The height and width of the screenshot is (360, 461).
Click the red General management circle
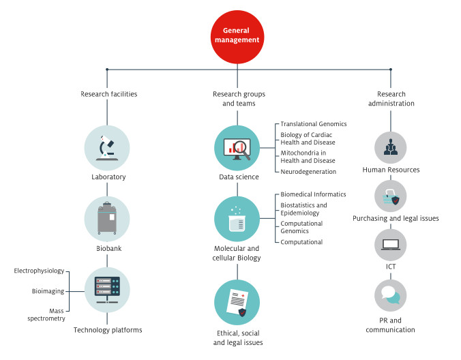click(x=237, y=37)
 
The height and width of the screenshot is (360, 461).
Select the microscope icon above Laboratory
click(x=107, y=148)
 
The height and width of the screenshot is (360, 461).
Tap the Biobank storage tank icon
click(x=107, y=219)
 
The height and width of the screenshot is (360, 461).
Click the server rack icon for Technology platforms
click(x=107, y=290)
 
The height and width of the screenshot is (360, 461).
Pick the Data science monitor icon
click(x=237, y=148)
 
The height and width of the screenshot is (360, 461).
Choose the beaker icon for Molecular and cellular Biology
click(x=237, y=219)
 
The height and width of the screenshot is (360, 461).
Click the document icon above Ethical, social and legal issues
click(x=237, y=303)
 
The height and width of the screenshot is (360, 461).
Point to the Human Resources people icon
click(x=391, y=147)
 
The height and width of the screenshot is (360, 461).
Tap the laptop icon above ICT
click(x=391, y=245)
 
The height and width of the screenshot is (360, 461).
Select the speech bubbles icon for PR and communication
click(x=391, y=295)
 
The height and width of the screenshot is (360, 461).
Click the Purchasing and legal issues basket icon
click(x=391, y=196)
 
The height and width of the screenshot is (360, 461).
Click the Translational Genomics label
click(x=314, y=124)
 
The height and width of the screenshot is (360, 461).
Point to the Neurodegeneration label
click(x=308, y=172)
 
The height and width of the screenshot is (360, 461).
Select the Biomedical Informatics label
click(x=313, y=194)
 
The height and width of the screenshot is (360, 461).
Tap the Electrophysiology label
click(x=39, y=271)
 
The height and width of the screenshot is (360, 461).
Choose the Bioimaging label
click(x=48, y=291)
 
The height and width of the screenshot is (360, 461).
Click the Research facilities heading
click(x=109, y=94)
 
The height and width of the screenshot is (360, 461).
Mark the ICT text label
click(x=391, y=267)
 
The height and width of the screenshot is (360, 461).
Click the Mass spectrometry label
click(x=46, y=314)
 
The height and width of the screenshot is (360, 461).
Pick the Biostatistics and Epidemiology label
click(x=303, y=209)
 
